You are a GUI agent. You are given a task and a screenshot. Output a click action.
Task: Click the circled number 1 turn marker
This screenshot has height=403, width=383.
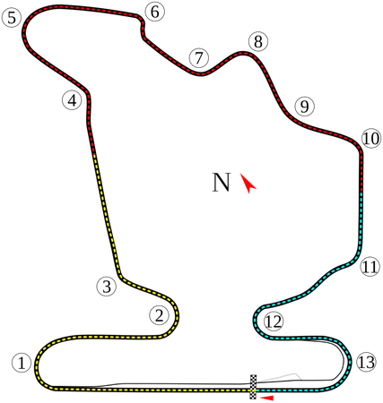pos(22,364)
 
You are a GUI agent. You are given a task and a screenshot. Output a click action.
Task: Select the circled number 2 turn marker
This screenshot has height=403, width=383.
pos(159,315)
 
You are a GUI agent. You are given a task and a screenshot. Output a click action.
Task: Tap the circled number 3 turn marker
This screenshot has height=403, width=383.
pos(107,287)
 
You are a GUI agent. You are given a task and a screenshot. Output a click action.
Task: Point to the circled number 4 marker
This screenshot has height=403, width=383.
pos(72,100)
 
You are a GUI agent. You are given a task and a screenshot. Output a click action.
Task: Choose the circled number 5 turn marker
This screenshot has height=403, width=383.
pos(12,18)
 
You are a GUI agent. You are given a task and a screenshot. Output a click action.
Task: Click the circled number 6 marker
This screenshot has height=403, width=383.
pos(155,12)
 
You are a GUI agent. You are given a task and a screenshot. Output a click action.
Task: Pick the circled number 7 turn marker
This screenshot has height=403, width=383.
pos(199,57)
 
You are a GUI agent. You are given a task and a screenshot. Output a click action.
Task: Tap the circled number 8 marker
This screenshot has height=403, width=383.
pos(258,41)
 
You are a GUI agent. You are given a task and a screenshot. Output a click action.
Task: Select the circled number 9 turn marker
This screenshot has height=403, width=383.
pos(304,107)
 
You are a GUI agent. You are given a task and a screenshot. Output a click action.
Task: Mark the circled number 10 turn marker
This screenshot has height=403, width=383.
pos(371,139)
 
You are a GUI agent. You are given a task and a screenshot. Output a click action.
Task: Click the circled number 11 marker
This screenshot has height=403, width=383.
pos(370,267)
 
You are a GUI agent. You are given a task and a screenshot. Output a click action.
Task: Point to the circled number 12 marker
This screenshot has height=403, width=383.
pos(274,322)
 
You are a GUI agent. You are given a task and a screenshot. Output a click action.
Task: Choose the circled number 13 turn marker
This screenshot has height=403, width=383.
pos(366,363)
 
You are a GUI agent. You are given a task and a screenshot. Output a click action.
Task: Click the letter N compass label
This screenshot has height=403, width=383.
pos(222,183)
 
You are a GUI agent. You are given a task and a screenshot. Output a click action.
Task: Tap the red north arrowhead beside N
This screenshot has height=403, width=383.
pos(248,184)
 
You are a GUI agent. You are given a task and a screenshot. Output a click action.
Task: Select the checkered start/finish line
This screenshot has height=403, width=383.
pos(253,387)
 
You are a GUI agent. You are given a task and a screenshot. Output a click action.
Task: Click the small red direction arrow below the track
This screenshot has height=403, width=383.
pos(266,398)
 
